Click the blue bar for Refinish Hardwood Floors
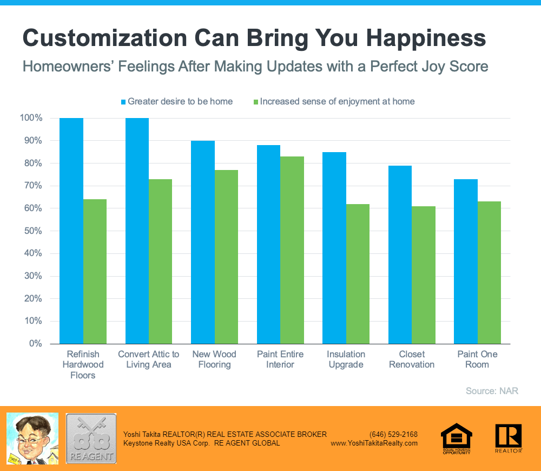[x=71, y=231]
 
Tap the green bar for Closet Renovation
[x=424, y=275]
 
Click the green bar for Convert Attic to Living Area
[x=160, y=261]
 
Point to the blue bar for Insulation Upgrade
[x=334, y=248]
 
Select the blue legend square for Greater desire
[x=123, y=101]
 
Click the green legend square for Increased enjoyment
[x=256, y=101]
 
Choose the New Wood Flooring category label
[x=214, y=359]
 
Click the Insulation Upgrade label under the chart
[x=346, y=359]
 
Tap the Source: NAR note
[x=492, y=390]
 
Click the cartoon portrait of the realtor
[x=32, y=439]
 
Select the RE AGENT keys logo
[x=91, y=439]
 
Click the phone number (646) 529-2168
[x=393, y=434]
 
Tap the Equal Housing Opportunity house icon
[x=457, y=436]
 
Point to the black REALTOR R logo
[x=508, y=436]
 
